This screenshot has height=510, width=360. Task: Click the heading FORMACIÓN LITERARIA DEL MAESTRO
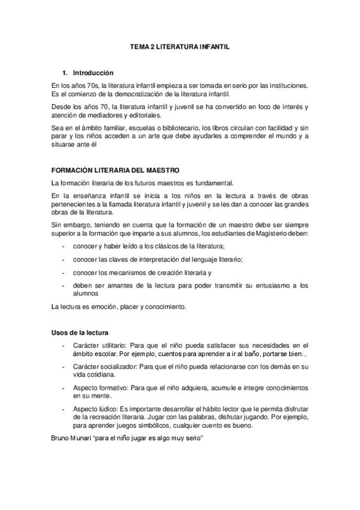pyautogui.click(x=115, y=171)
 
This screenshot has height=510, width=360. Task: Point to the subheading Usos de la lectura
pyautogui.click(x=80, y=332)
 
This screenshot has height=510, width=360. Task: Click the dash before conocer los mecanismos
pyautogui.click(x=64, y=272)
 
